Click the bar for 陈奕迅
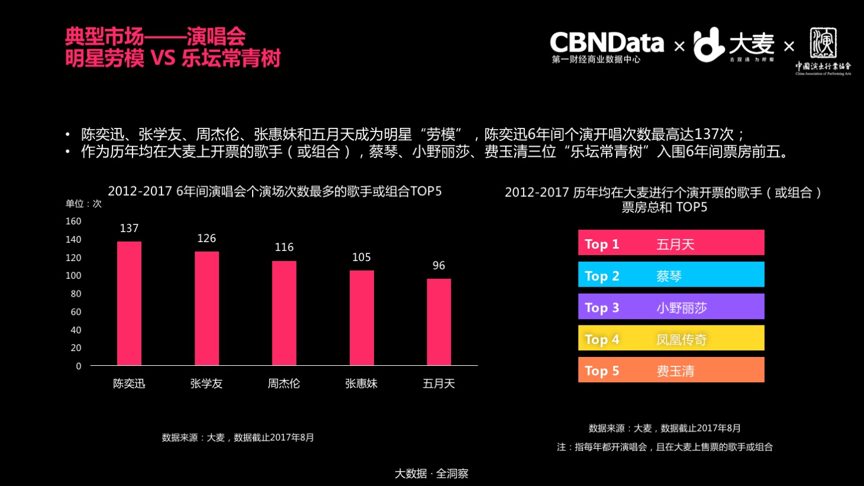click(129, 303)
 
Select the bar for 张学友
click(207, 308)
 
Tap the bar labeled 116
click(284, 313)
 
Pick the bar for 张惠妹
click(362, 318)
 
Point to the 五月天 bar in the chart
click(439, 322)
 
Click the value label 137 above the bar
click(129, 228)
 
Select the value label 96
click(439, 266)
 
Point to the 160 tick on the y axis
click(73, 221)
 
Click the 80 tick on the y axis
click(76, 294)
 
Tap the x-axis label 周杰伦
click(284, 384)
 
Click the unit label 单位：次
click(83, 204)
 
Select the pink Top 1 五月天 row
click(671, 243)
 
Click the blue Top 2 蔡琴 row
click(671, 275)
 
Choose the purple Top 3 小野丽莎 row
click(671, 307)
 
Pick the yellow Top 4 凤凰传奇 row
click(671, 338)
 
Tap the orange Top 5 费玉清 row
click(671, 370)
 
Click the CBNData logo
click(607, 46)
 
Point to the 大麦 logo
click(734, 45)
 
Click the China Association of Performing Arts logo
click(823, 51)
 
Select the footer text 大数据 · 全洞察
click(431, 474)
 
